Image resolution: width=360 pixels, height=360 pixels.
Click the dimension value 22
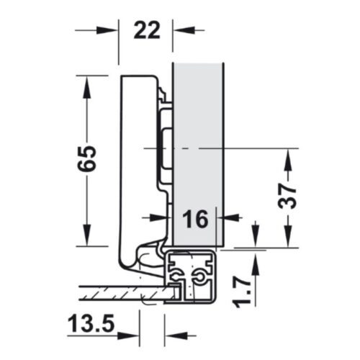pos(144,31)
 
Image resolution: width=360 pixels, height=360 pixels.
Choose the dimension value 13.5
pos(91,324)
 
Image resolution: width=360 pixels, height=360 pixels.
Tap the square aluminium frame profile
pos(192,277)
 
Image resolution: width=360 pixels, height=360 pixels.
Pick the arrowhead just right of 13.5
pos(130,335)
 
